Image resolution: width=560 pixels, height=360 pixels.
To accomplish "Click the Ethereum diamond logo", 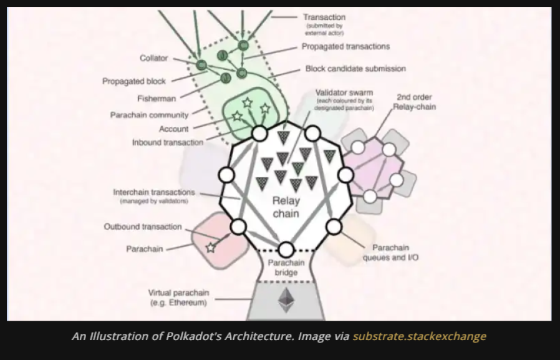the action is [286, 300].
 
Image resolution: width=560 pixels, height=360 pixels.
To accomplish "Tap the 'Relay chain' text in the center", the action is [286, 207].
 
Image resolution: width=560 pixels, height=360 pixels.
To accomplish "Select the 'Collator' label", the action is [153, 58].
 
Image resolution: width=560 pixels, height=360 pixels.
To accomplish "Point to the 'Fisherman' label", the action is [157, 99].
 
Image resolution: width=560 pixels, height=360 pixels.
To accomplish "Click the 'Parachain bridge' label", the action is [286, 268].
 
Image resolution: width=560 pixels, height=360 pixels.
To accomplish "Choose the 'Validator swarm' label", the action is [344, 92].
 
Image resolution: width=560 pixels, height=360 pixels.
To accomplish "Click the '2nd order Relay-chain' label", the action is [414, 102].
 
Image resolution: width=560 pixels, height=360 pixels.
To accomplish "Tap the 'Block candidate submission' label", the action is [355, 69].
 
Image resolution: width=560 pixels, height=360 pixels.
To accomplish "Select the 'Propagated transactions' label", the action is [345, 46].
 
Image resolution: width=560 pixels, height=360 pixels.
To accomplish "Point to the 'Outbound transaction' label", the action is [143, 226].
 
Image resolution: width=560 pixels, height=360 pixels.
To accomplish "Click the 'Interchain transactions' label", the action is [154, 192].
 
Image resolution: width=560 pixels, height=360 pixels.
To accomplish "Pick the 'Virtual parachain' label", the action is [178, 293].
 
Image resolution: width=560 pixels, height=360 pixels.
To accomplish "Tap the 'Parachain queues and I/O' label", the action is [391, 253].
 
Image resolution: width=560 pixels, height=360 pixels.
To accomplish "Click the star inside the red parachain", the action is [211, 248].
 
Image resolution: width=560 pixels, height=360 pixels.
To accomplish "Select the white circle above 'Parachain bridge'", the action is [286, 250].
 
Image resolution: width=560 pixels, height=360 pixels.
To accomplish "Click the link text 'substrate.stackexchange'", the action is [420, 336].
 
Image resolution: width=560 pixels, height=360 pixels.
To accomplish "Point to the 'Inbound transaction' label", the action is [168, 142].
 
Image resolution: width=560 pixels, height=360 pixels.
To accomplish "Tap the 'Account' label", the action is [173, 129].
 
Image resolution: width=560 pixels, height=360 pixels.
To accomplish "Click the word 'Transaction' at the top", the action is [324, 17].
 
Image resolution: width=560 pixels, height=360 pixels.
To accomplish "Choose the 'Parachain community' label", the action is [149, 115].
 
